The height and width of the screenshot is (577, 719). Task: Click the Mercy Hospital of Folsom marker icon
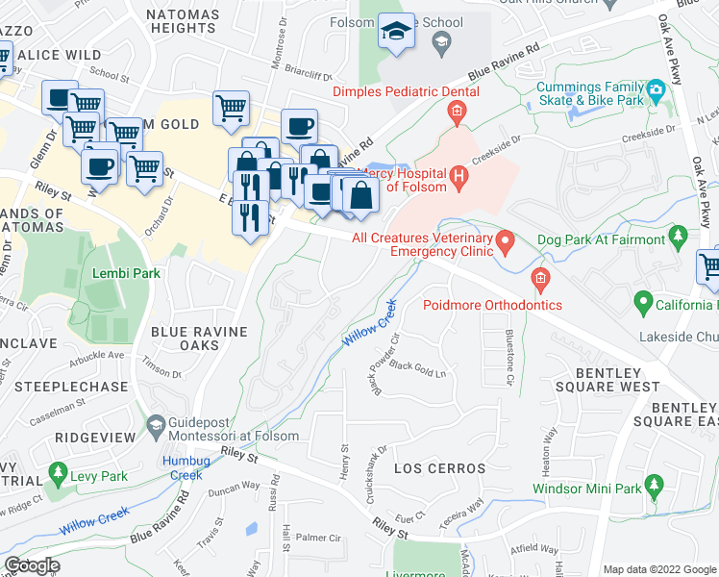coord(459,176)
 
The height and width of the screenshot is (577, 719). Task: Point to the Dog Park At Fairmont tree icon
coord(680,236)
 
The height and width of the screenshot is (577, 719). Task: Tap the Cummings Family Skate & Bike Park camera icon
coord(656,92)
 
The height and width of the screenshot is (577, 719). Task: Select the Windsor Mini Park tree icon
coord(654,486)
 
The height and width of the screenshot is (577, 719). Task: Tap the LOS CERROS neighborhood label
coord(440,468)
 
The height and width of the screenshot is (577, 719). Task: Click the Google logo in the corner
coord(31,565)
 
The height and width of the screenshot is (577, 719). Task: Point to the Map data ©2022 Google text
coord(658,569)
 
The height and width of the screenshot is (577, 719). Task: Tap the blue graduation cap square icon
coord(393,32)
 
